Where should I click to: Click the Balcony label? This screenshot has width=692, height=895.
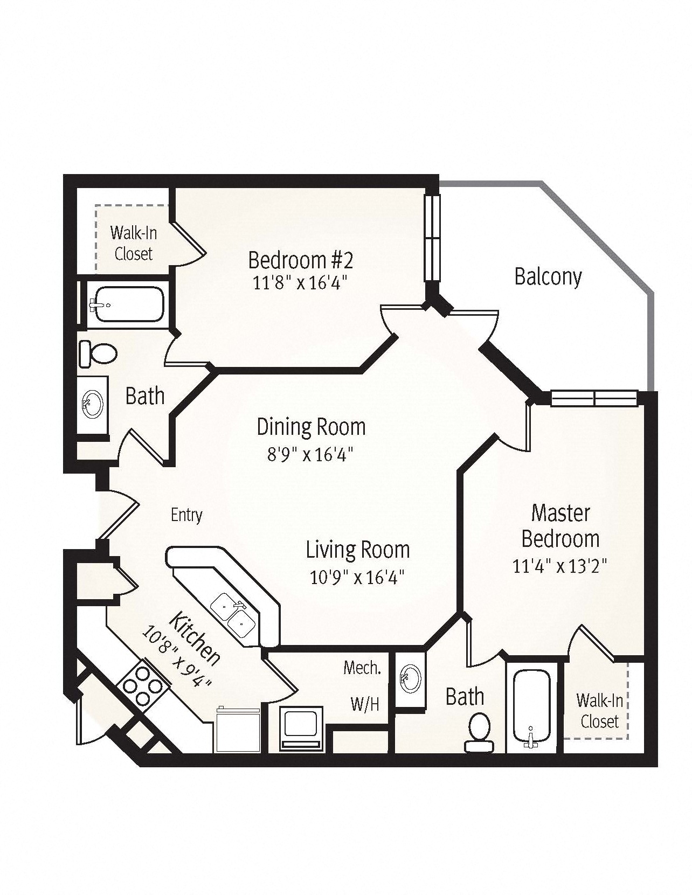coord(548,277)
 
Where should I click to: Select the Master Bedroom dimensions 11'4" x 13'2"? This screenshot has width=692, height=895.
coord(560,566)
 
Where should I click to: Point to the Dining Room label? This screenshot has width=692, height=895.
coord(312,427)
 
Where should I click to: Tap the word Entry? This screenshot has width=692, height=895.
coord(187,515)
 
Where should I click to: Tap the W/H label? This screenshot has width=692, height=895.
coord(364,704)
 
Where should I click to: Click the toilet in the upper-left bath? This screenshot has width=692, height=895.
coord(98,354)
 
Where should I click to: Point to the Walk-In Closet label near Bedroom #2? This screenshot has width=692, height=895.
coord(134,244)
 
